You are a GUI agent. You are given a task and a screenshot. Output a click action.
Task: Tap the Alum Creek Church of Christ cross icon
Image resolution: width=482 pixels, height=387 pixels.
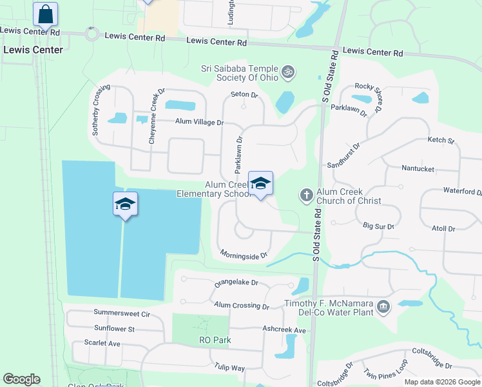307,194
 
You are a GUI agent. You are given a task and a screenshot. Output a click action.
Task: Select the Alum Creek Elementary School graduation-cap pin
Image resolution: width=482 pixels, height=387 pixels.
260,185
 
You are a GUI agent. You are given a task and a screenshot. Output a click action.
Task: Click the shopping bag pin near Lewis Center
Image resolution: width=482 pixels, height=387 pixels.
45,14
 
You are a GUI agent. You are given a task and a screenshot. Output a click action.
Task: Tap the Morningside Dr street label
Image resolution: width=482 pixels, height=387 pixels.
244,256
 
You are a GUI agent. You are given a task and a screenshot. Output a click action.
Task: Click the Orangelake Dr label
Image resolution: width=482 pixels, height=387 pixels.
236,283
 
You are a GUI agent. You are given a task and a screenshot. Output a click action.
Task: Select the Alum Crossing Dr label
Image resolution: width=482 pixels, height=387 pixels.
242,306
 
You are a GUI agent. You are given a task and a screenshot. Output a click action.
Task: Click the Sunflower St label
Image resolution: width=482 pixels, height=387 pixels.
113,329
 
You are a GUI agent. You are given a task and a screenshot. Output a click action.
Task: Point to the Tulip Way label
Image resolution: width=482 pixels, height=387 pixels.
230,368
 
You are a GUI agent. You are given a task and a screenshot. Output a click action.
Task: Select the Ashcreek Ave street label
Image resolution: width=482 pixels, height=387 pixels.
284,330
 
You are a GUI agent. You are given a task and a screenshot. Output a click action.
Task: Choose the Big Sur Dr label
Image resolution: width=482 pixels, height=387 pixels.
378,226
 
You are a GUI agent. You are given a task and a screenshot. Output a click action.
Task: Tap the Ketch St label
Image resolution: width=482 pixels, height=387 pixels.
441,140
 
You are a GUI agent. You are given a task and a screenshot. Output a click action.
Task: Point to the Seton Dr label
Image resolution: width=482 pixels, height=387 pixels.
244,95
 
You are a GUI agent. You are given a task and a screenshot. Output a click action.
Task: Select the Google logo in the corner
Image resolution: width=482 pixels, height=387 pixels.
22,379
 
